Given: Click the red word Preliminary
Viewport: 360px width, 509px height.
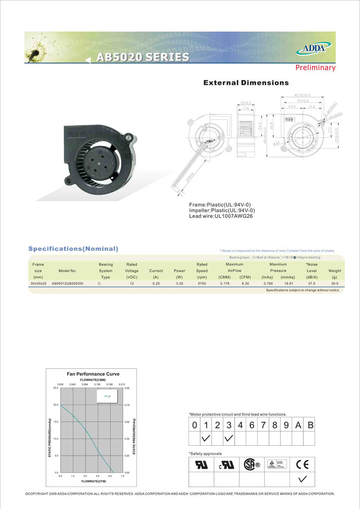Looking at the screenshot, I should click(x=315, y=67).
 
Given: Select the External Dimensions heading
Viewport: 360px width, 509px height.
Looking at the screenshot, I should click(x=246, y=82).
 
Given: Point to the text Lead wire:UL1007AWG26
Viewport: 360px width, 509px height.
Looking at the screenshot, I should click(x=222, y=216).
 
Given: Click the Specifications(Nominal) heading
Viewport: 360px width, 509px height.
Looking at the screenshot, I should click(x=73, y=249).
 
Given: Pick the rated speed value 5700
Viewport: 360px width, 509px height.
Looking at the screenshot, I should click(x=202, y=283).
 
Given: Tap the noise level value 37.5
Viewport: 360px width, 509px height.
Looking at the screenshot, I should click(x=312, y=283).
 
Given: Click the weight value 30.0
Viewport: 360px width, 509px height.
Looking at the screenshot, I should click(x=335, y=283).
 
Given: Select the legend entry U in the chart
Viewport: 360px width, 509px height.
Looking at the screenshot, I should click(x=109, y=396).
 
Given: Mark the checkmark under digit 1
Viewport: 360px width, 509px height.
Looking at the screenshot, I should click(x=206, y=439).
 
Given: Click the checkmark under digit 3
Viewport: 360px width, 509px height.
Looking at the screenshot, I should click(x=229, y=439).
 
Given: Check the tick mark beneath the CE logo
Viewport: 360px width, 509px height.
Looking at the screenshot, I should click(x=303, y=479).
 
